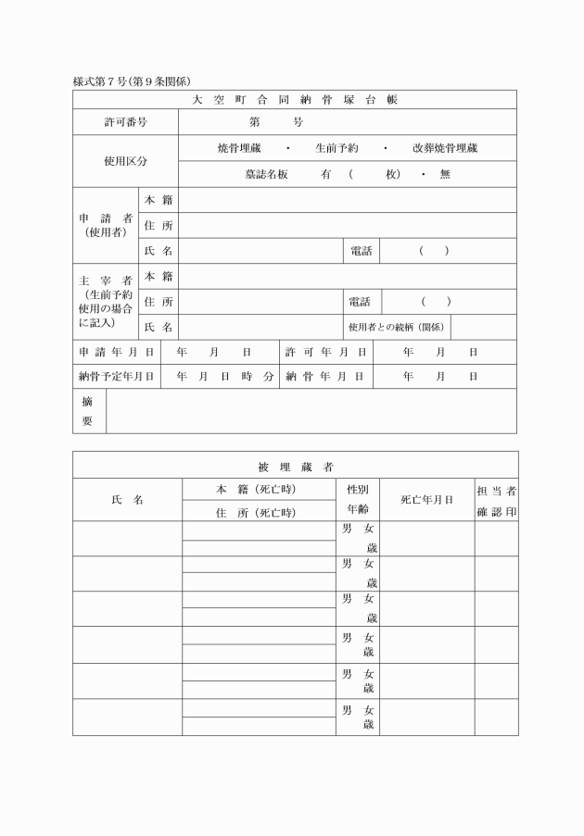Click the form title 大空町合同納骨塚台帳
click(x=294, y=99)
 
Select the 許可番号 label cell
click(x=125, y=122)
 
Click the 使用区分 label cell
click(x=125, y=161)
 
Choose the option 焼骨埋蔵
click(x=238, y=148)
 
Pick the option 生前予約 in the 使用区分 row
click(x=336, y=148)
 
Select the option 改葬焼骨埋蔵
click(x=445, y=148)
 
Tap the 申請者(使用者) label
click(x=106, y=225)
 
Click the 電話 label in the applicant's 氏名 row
click(x=361, y=251)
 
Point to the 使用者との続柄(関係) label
click(x=396, y=327)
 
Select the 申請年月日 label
click(x=116, y=352)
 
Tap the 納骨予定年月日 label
click(x=116, y=377)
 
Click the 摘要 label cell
click(x=88, y=411)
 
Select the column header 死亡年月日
click(x=426, y=500)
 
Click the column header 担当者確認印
click(x=496, y=500)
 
